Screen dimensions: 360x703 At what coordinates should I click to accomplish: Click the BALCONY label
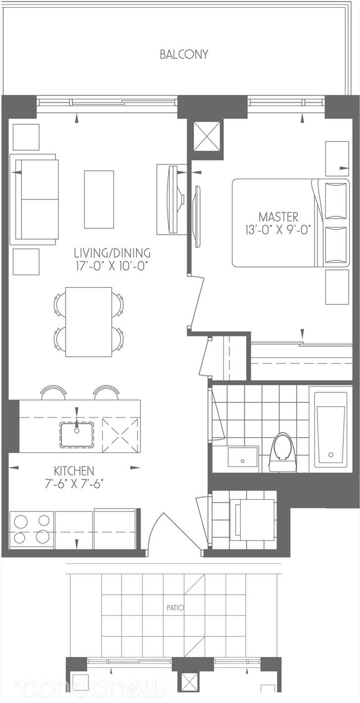tap(184, 54)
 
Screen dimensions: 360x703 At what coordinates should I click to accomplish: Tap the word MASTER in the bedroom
tap(278, 217)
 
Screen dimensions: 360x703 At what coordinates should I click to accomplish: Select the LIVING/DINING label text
tap(112, 253)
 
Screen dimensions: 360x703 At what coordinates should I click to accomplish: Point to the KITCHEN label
tap(74, 471)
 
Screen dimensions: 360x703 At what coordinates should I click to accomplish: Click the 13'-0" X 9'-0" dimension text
tap(278, 231)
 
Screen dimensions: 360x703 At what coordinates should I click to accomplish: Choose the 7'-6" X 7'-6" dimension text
tap(74, 484)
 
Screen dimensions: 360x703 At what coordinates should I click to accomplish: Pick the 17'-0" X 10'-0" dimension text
tap(111, 266)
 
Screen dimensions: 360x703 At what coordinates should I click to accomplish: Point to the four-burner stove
tap(31, 529)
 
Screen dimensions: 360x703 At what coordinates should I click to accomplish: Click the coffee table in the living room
tap(99, 199)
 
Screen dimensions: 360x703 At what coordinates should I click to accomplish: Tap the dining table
tap(89, 322)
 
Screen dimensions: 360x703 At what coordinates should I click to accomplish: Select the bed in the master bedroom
tap(291, 223)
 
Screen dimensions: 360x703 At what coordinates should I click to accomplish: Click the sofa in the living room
tap(34, 199)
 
